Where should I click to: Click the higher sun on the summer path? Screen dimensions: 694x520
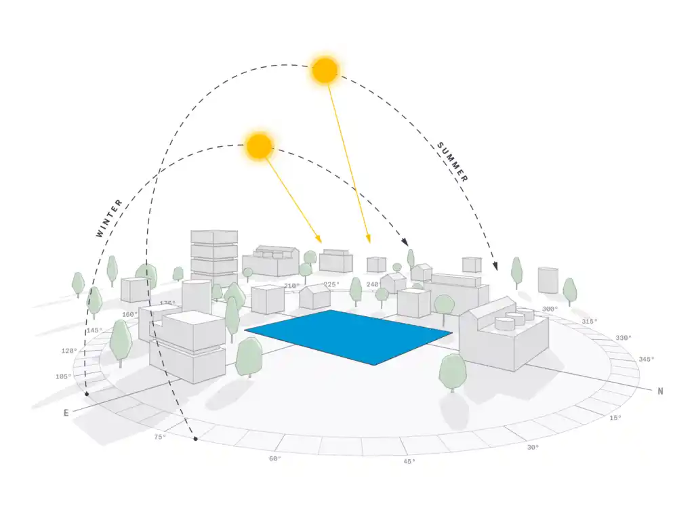coord(325,70)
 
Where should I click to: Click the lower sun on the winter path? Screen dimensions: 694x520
coord(260,146)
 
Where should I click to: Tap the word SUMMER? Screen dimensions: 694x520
coord(452,162)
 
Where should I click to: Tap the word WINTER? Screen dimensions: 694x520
coord(109,219)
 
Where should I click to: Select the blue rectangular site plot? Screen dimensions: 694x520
coord(348,337)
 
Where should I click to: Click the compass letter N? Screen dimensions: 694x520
coord(660,391)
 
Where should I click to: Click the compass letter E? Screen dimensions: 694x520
coord(66,413)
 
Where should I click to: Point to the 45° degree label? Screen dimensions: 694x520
coord(409,462)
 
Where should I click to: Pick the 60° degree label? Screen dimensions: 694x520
coord(275,458)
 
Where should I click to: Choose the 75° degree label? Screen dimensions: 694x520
coord(160,437)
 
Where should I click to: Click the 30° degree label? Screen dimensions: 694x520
coord(533,448)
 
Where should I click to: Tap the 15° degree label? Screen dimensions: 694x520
coord(615,417)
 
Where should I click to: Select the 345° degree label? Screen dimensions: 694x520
coord(646,359)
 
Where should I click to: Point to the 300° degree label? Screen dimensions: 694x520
coord(550,309)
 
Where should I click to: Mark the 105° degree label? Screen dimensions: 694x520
coord(63,376)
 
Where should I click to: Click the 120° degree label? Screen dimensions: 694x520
coord(69,351)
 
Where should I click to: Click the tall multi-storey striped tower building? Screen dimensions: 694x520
coord(214,258)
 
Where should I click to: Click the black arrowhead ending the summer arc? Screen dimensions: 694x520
coord(495,265)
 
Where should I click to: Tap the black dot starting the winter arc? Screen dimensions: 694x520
coord(87,394)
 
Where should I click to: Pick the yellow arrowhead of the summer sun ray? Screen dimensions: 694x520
coord(368,239)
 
